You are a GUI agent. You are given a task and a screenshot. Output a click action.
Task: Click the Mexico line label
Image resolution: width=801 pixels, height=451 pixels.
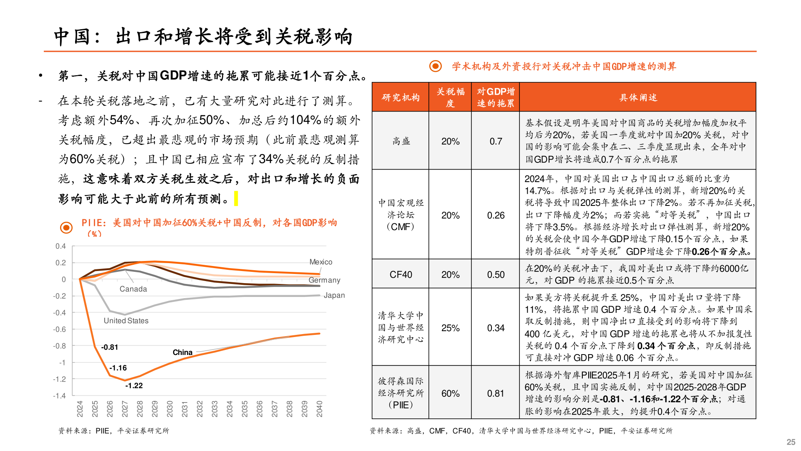(x=320, y=262)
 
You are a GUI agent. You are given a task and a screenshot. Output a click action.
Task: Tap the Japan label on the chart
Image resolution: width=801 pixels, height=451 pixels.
(x=334, y=295)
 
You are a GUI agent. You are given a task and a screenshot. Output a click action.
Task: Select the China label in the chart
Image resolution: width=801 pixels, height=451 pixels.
(x=182, y=352)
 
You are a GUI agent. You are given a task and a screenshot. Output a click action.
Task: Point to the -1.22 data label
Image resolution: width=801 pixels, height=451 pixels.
(x=134, y=385)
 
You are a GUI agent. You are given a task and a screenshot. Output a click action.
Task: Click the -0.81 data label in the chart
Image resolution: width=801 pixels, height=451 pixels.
(x=110, y=347)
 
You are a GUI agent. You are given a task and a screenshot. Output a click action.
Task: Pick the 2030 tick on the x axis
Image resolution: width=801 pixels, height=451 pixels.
(x=170, y=408)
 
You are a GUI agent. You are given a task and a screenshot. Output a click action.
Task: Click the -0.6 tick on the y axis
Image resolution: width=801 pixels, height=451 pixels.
(x=59, y=329)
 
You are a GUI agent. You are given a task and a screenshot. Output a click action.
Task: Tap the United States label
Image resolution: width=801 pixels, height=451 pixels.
(x=126, y=321)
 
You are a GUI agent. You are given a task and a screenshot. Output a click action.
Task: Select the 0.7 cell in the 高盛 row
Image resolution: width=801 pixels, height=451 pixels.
(x=496, y=141)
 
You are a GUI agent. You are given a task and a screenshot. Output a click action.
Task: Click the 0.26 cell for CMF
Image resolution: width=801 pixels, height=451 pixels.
(x=496, y=215)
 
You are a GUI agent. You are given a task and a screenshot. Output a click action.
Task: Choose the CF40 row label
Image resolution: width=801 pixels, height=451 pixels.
(x=400, y=274)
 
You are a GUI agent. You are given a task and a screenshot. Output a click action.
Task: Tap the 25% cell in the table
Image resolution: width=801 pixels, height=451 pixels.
(x=450, y=328)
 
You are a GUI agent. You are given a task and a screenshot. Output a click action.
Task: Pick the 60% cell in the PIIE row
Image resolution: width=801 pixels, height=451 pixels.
(x=450, y=393)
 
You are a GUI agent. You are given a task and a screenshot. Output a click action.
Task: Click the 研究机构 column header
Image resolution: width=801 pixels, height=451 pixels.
(x=400, y=97)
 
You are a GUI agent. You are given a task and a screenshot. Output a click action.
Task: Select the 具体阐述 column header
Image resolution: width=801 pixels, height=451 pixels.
(x=638, y=97)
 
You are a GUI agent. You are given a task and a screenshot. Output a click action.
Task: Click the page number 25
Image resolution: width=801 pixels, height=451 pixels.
(x=791, y=442)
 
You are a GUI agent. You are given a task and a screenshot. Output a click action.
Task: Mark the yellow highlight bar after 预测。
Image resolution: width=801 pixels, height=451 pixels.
(x=236, y=198)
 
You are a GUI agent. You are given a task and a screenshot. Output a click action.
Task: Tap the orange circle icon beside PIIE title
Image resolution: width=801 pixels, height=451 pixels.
(x=66, y=227)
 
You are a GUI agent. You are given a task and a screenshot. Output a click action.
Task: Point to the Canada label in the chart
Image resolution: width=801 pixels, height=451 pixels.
(x=133, y=289)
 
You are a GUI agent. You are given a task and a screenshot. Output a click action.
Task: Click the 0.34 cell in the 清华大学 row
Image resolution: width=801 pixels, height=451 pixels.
(x=496, y=328)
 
